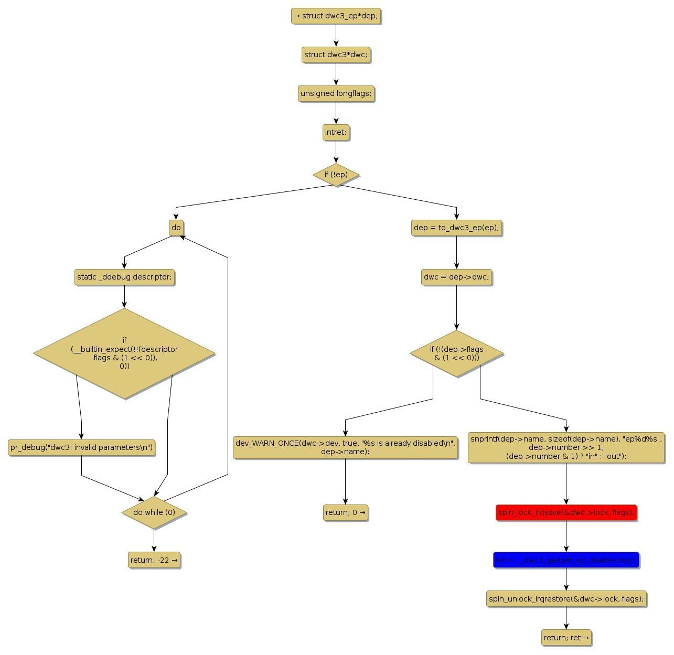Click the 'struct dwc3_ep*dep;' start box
[x=336, y=16]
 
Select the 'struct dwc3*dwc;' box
[x=336, y=55]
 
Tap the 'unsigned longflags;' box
[x=336, y=93]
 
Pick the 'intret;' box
[x=336, y=132]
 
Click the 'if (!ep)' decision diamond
[x=336, y=175]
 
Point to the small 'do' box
[x=176, y=228]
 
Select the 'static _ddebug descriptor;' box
[x=124, y=277]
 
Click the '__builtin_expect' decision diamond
[x=124, y=353]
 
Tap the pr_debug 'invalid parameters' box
[x=81, y=447]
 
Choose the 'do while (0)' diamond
[x=154, y=512]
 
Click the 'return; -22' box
[x=154, y=560]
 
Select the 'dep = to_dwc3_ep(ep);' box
[x=456, y=228]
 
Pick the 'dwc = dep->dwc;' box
[x=456, y=277]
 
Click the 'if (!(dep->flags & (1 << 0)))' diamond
[x=456, y=353]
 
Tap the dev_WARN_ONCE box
[x=345, y=447]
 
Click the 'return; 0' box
[x=345, y=512]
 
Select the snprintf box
[x=566, y=447]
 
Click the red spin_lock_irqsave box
[x=566, y=512]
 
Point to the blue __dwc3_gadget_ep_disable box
[x=566, y=560]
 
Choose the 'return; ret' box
[x=566, y=638]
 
